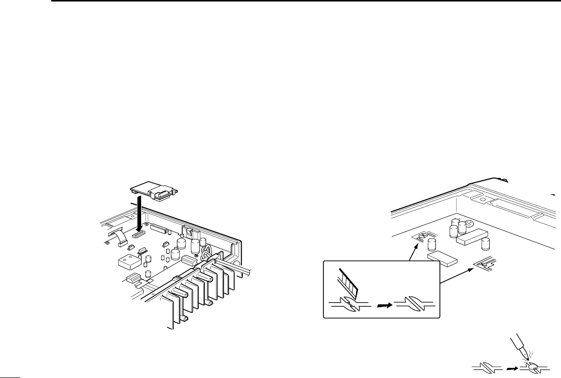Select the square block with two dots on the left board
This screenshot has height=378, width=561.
(x=128, y=262)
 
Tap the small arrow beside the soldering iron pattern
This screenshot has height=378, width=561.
(x=510, y=368)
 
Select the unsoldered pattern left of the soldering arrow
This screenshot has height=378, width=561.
(x=487, y=368)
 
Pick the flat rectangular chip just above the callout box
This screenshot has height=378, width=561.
(x=441, y=259)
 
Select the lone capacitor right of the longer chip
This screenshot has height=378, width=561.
(x=485, y=245)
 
